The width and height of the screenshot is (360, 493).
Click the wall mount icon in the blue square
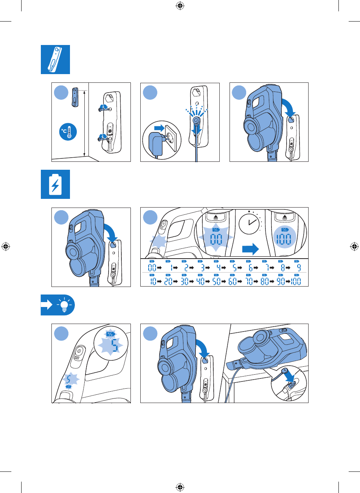point(55,59)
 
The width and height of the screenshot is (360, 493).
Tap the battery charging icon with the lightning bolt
point(55,184)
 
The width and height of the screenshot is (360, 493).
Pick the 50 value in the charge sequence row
point(216,282)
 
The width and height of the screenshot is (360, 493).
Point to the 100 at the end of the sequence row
point(297,282)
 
